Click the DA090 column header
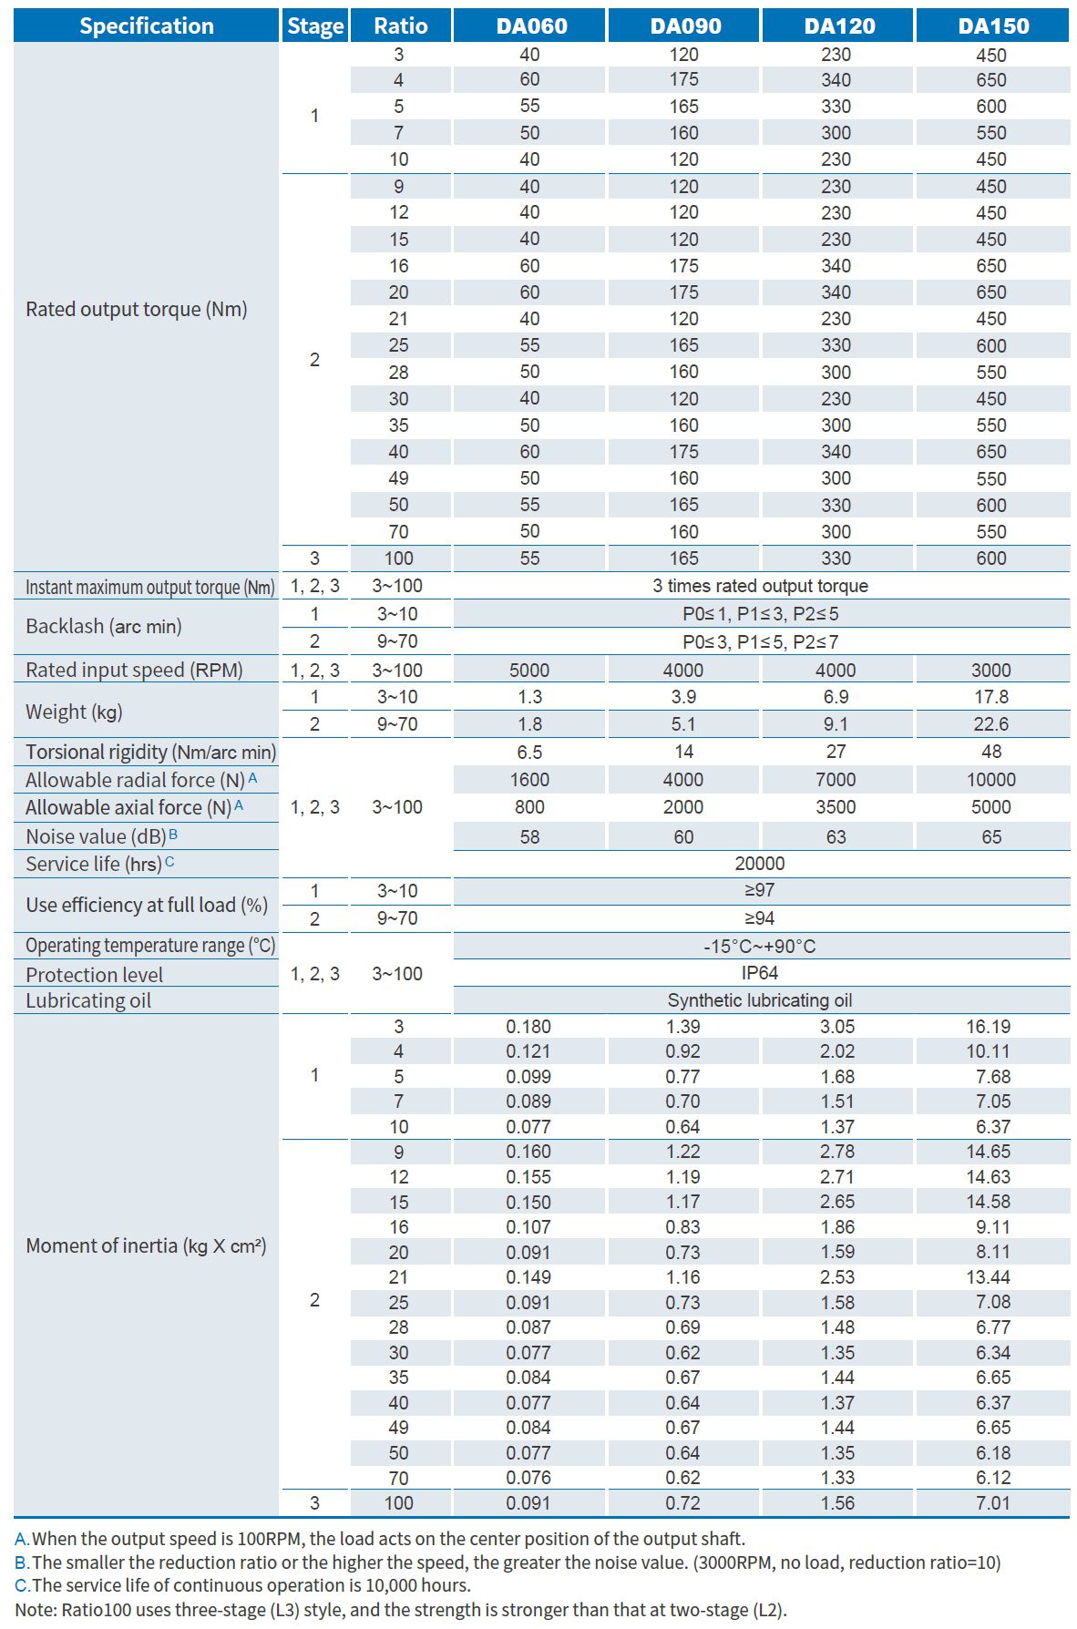point(684,26)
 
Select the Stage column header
point(315,26)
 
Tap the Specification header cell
point(147,26)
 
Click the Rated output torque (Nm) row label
point(137,309)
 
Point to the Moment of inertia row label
point(146,1245)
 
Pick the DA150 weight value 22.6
point(990,724)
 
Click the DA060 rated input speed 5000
point(529,671)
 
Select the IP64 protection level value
point(760,973)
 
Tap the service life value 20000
point(760,864)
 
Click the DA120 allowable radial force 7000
point(836,780)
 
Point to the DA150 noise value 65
point(991,836)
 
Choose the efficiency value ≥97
point(760,890)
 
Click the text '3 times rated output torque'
point(760,586)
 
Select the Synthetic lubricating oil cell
point(760,1000)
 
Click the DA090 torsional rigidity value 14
point(683,752)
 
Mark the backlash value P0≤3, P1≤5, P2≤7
point(760,641)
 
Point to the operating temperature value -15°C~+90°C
point(760,946)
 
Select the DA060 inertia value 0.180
point(528,1027)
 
